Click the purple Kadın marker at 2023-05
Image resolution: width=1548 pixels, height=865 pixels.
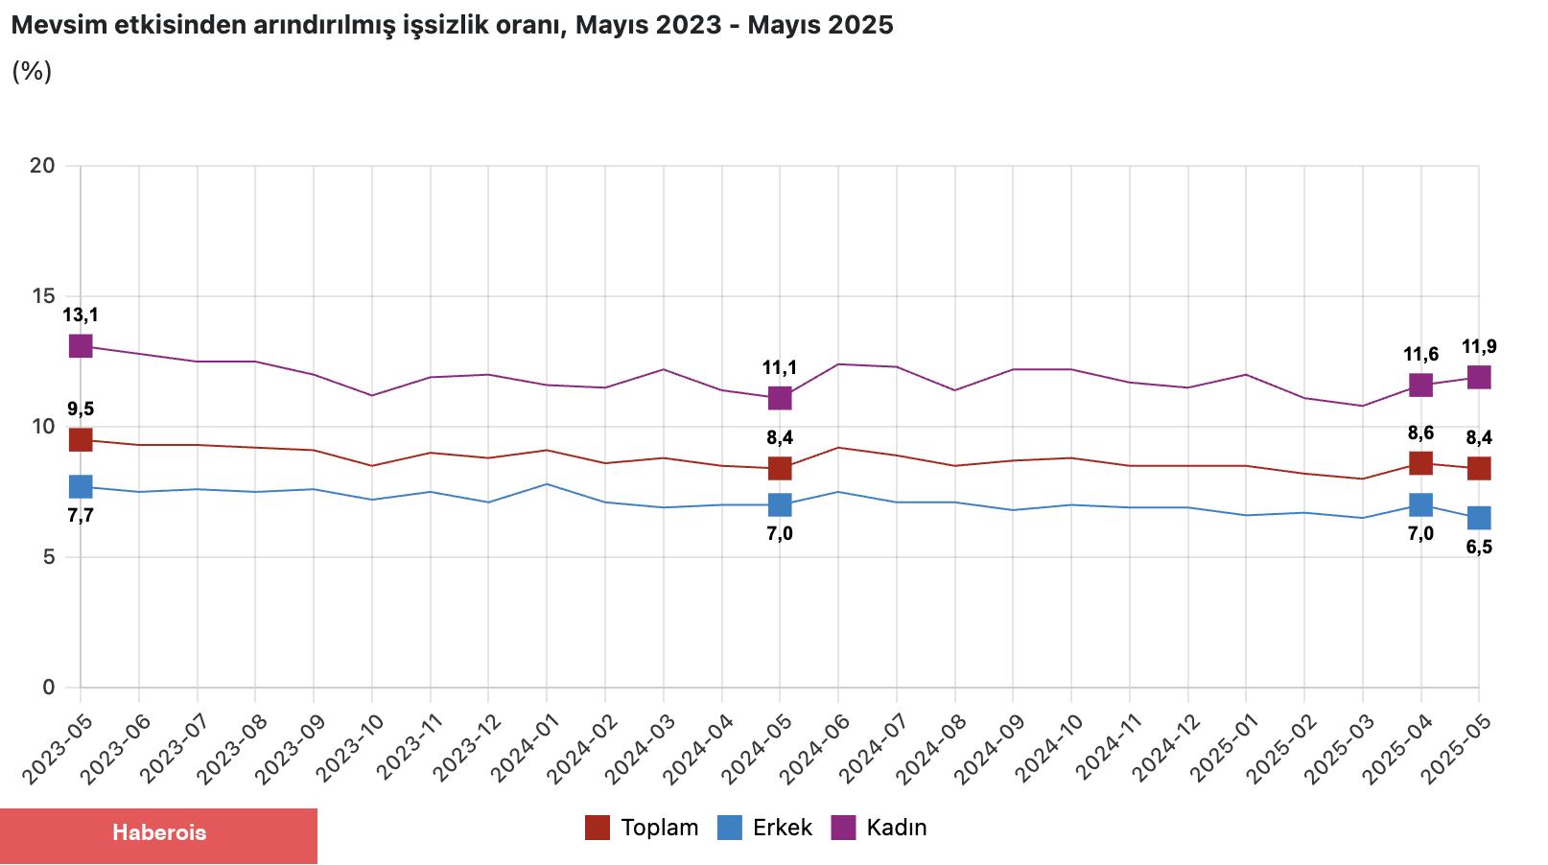tap(81, 345)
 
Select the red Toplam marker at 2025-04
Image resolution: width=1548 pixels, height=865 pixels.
tap(1420, 463)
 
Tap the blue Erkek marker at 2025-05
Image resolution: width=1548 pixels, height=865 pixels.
tap(1479, 518)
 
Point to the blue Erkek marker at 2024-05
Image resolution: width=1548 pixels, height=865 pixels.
tap(780, 504)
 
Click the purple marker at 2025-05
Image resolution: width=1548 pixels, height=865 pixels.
tap(1479, 377)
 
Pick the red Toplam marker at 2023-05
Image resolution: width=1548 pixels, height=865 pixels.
tap(81, 439)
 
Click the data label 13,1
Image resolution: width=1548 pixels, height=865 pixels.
tap(81, 315)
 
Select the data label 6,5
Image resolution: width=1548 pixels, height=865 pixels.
tap(1479, 548)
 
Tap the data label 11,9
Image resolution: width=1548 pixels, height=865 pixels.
tap(1479, 347)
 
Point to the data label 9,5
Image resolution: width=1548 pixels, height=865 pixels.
tap(81, 409)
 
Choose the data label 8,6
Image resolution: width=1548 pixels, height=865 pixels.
tap(1420, 433)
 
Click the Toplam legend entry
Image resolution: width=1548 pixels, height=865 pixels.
tap(642, 828)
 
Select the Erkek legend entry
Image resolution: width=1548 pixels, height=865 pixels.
tap(764, 828)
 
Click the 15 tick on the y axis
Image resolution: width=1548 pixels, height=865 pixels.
tap(43, 296)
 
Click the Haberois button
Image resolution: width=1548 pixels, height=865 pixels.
tap(158, 833)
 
